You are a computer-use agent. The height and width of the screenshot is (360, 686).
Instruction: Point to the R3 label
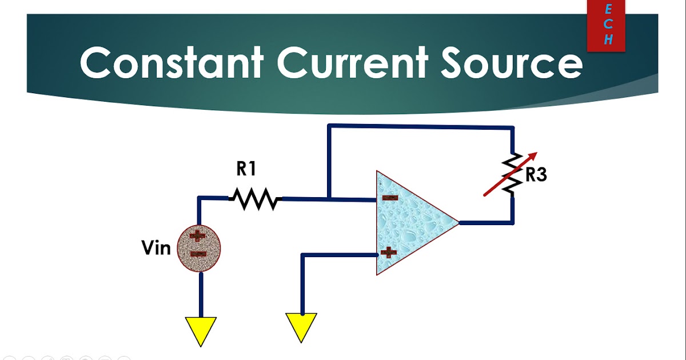point(536,175)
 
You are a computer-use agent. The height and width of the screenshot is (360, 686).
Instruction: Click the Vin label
point(156,248)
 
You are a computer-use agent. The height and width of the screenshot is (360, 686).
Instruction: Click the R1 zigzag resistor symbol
point(255,199)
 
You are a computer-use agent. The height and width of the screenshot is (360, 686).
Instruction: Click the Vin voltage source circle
point(199,248)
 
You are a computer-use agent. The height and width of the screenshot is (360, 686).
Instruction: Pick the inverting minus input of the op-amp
point(390,198)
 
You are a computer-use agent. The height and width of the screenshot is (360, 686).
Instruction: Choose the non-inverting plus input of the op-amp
point(389,251)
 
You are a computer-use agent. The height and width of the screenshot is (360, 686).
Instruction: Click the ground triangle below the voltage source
point(201,331)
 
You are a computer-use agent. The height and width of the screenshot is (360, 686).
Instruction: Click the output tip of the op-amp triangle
point(457,222)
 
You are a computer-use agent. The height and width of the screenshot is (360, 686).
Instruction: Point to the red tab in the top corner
point(606,26)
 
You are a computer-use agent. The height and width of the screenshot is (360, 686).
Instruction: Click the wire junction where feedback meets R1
point(329,199)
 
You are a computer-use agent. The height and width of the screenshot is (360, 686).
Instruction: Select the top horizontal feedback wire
point(420,126)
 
